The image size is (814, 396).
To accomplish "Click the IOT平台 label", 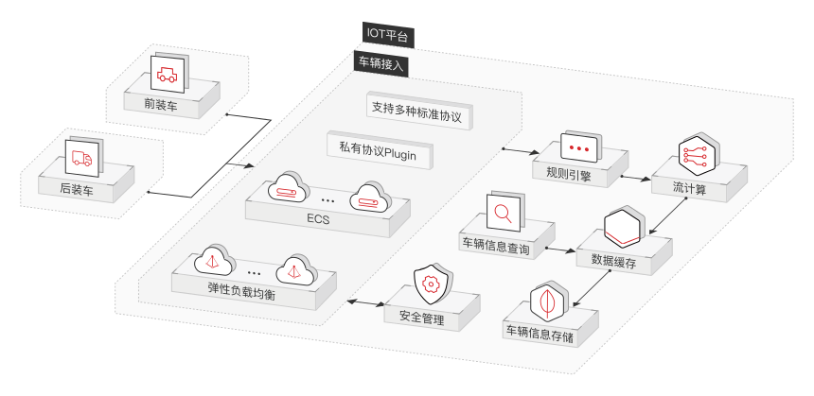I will pyautogui.click(x=388, y=35).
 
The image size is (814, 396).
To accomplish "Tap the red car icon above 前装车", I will pyautogui.click(x=168, y=73).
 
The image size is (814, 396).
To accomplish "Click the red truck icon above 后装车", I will pyautogui.click(x=81, y=158).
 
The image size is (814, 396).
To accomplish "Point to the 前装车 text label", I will pyautogui.click(x=160, y=105).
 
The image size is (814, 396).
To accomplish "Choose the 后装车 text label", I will pyautogui.click(x=76, y=189).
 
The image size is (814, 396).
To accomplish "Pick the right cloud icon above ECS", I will pyautogui.click(x=367, y=198).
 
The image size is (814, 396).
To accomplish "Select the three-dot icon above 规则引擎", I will pyautogui.click(x=578, y=148).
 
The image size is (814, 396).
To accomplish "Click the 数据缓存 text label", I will pyautogui.click(x=613, y=262).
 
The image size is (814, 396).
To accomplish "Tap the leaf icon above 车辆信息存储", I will pyautogui.click(x=547, y=301).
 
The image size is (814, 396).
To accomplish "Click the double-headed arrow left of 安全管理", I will pyautogui.click(x=363, y=302).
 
